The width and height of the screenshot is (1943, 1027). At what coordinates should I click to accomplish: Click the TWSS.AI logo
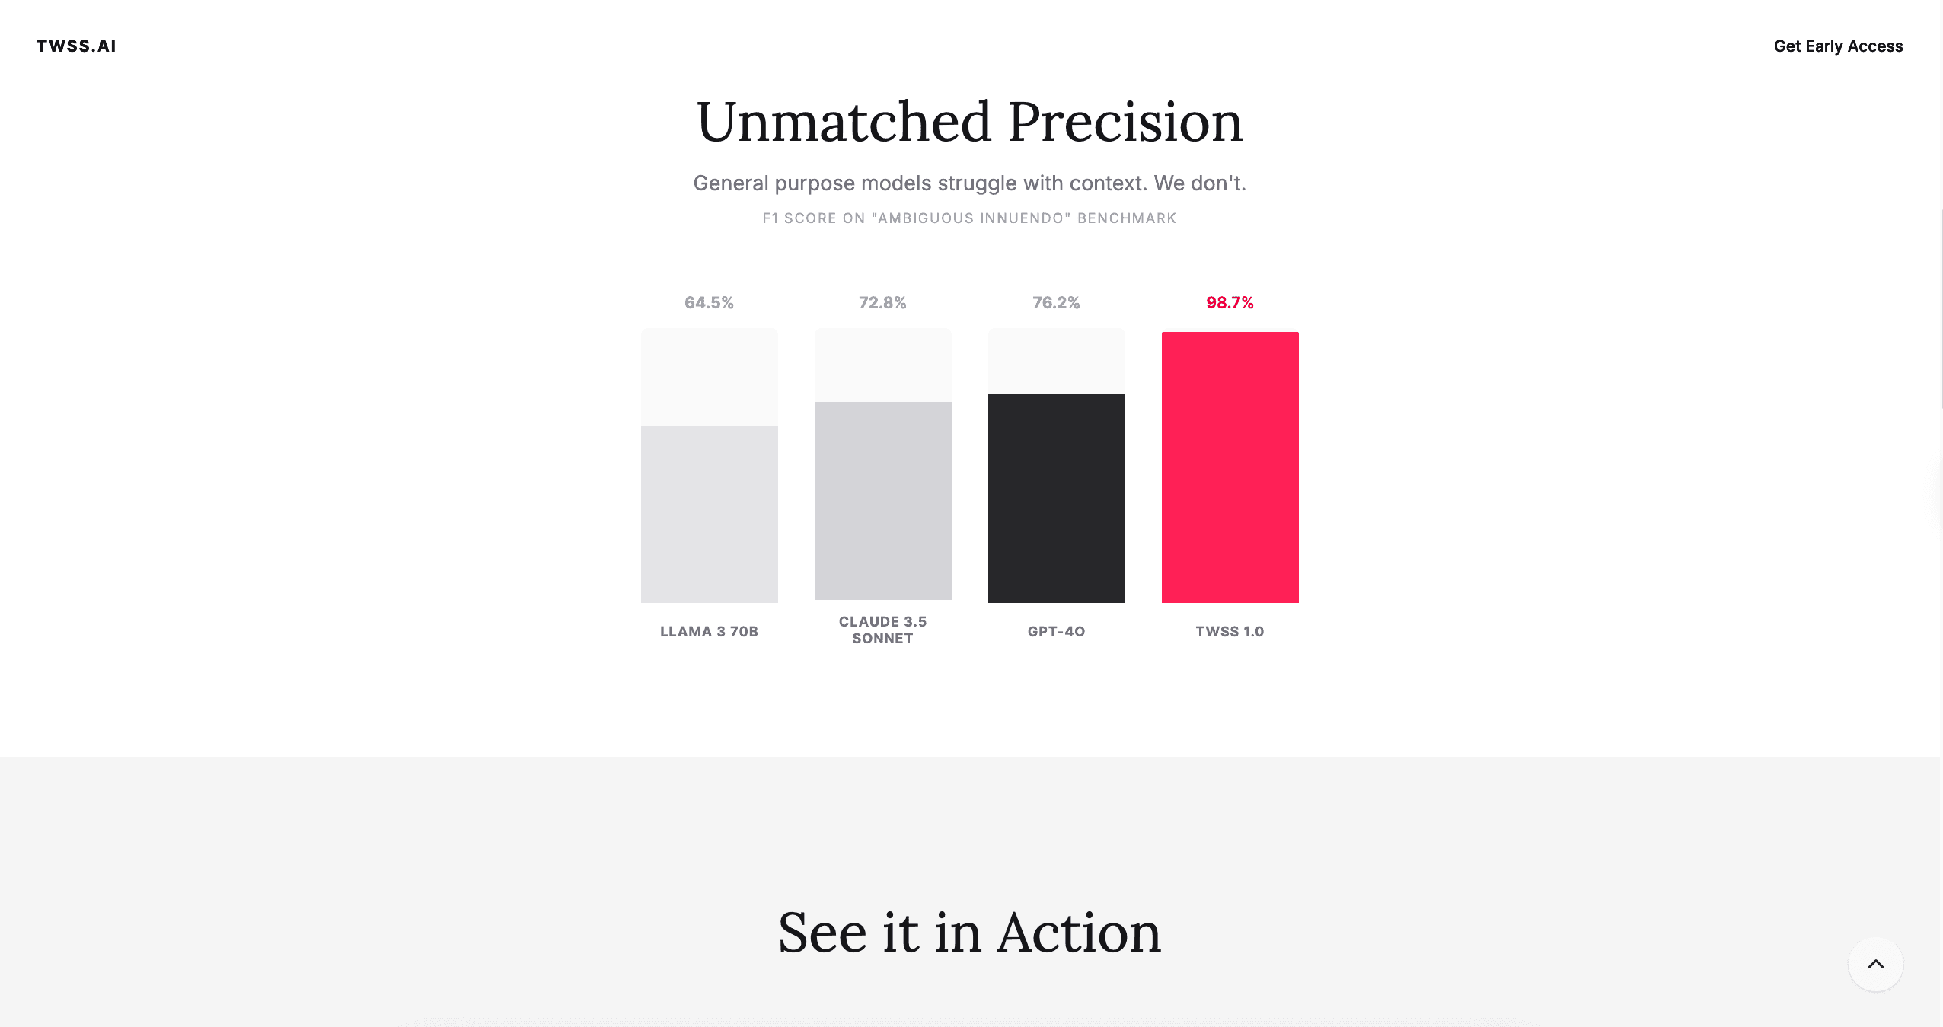click(76, 46)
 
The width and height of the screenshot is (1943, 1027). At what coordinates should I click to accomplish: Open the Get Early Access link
click(1838, 46)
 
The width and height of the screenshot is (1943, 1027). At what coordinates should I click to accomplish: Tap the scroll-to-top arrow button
click(1876, 964)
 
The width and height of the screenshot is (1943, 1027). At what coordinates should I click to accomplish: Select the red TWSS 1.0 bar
click(1230, 467)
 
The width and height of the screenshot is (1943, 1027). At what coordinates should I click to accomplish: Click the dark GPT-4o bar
click(1056, 498)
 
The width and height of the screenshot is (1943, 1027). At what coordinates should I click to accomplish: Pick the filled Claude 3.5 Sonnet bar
click(882, 501)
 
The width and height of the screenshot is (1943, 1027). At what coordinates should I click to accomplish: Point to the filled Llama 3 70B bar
click(709, 514)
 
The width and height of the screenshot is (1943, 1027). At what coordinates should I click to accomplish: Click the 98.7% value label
click(1230, 303)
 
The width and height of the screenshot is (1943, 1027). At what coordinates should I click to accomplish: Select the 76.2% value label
click(1056, 303)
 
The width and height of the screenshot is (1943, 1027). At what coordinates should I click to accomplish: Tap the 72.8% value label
click(882, 303)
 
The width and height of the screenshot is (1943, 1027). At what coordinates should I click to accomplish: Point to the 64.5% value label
click(709, 303)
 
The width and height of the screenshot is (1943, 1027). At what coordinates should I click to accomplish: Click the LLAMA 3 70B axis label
click(709, 632)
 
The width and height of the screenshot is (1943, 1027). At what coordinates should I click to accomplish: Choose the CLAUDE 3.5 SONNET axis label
click(882, 630)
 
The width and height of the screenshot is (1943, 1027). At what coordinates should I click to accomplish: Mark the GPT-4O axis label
click(1056, 632)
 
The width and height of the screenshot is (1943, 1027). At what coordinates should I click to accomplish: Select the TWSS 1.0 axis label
click(1230, 632)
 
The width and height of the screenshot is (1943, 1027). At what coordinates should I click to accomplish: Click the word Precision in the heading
click(1126, 122)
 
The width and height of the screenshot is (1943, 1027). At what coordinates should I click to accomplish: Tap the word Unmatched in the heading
click(844, 122)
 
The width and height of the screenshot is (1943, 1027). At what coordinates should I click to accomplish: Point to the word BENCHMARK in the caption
click(1127, 218)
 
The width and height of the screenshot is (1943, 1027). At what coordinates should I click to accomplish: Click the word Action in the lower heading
click(1079, 933)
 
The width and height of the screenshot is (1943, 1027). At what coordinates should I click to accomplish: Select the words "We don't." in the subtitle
click(1200, 183)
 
